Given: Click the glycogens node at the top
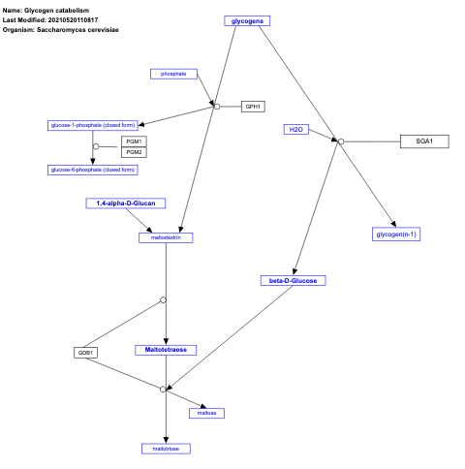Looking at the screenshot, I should point(246,20).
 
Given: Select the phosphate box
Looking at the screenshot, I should point(174,74).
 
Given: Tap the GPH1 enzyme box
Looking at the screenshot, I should point(253,106).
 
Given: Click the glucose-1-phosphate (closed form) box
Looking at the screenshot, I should point(92,125).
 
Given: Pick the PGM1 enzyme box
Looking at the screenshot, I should point(134,141).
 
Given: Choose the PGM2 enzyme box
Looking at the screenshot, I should point(134,152).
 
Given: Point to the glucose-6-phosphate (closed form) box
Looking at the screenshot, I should point(92,170).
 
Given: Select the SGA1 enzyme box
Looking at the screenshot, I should point(424,141).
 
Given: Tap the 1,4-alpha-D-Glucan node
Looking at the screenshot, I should point(126,203).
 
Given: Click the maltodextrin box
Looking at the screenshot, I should point(167,235).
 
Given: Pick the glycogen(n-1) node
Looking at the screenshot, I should point(396,234).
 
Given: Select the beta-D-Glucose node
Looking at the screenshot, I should point(294,280).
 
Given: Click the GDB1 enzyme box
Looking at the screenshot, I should point(86,353).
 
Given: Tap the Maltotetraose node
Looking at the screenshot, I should point(167,349).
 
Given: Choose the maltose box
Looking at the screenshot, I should point(207,413).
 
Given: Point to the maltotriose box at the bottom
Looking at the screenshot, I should point(167,449).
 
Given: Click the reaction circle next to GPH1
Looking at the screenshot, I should point(217,106).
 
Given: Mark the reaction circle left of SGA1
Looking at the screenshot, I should point(340,141).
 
